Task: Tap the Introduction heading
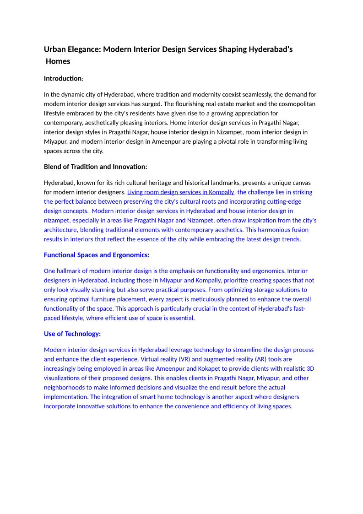[x=63, y=79]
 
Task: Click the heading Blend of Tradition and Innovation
[x=95, y=167]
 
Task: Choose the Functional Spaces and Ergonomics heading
[x=97, y=255]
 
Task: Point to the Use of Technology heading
[x=72, y=334]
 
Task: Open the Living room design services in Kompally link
[x=180, y=192]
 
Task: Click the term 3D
[x=310, y=368]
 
